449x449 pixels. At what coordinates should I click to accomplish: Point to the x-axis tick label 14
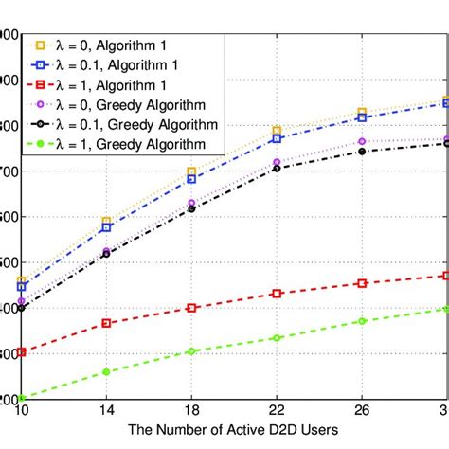tap(106, 411)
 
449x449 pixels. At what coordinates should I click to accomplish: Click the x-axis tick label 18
tap(191, 411)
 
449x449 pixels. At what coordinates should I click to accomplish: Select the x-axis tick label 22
tap(276, 411)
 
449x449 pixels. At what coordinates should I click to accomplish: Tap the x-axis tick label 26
tap(361, 411)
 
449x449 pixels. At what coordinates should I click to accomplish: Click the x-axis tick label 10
tap(22, 411)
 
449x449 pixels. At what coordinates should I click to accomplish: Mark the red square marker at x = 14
tap(106, 323)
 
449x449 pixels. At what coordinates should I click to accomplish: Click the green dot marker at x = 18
tap(191, 351)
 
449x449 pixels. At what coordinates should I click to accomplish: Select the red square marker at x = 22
tap(277, 294)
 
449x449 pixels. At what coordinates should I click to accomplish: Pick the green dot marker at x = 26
tap(361, 321)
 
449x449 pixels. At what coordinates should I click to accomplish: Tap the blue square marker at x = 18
tap(191, 179)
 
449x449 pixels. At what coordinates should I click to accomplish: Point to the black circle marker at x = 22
tap(277, 168)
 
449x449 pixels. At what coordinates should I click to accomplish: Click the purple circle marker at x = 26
tap(361, 141)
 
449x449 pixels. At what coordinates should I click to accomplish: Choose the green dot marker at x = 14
tap(106, 371)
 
